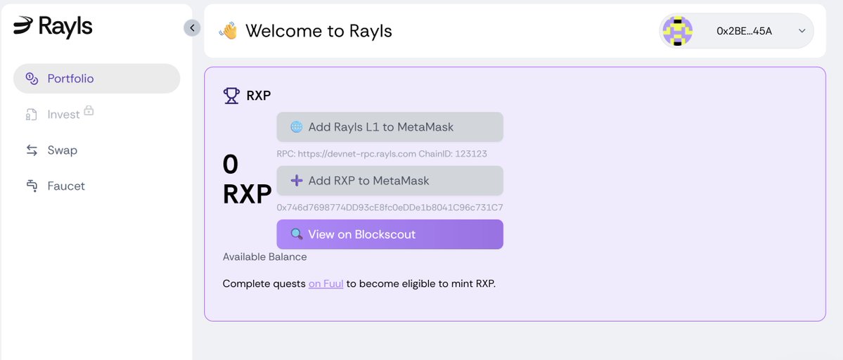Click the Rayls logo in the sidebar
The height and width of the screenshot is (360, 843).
pyautogui.click(x=53, y=27)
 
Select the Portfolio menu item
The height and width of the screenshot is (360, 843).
pyautogui.click(x=70, y=79)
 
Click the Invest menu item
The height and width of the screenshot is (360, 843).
pyautogui.click(x=63, y=115)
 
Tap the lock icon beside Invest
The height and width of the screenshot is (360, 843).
pyautogui.click(x=89, y=110)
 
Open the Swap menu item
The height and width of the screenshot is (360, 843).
pyautogui.click(x=62, y=150)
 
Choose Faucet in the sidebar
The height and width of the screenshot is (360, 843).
pyautogui.click(x=66, y=186)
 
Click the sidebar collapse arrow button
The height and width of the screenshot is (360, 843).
pyautogui.click(x=192, y=27)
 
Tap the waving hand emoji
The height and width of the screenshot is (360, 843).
pyautogui.click(x=228, y=31)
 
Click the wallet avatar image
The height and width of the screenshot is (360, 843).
pyautogui.click(x=678, y=31)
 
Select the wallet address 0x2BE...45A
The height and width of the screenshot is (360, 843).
pyautogui.click(x=744, y=31)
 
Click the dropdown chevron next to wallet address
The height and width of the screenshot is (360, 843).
pyautogui.click(x=802, y=31)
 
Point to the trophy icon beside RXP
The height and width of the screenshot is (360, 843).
pyautogui.click(x=231, y=96)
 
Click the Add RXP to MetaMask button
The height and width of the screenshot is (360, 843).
pyautogui.click(x=390, y=181)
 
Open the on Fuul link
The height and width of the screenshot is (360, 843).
pyautogui.click(x=326, y=284)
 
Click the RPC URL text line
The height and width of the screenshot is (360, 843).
pyautogui.click(x=382, y=153)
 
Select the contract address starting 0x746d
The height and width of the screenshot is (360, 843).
pyautogui.click(x=390, y=207)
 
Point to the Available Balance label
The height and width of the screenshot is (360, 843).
pyautogui.click(x=264, y=257)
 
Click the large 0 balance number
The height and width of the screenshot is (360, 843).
pyautogui.click(x=231, y=165)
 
